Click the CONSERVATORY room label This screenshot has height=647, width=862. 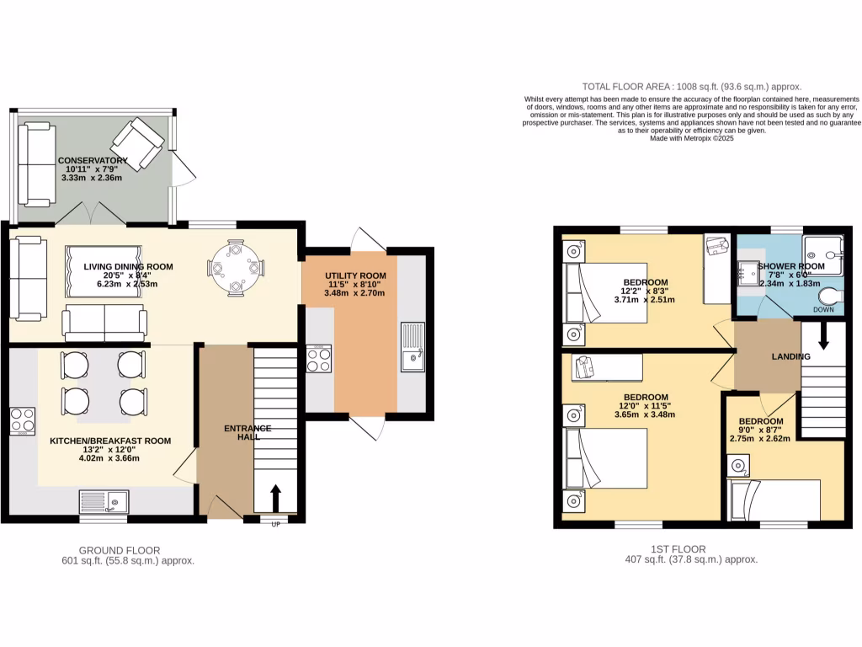click(92, 160)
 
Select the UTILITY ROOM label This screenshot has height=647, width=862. click(355, 276)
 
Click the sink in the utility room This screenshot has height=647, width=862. click(413, 347)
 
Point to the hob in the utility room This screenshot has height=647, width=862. click(318, 360)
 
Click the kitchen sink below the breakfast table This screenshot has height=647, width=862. click(104, 501)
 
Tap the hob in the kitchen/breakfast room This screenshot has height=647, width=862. click(22, 420)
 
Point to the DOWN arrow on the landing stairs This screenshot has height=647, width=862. click(822, 335)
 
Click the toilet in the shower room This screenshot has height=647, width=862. click(828, 298)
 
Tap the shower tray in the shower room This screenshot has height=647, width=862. click(822, 250)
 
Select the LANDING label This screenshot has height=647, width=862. click(790, 356)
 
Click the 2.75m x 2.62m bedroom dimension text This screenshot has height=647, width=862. click(760, 438)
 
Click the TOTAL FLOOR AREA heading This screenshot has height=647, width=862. click(692, 87)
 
